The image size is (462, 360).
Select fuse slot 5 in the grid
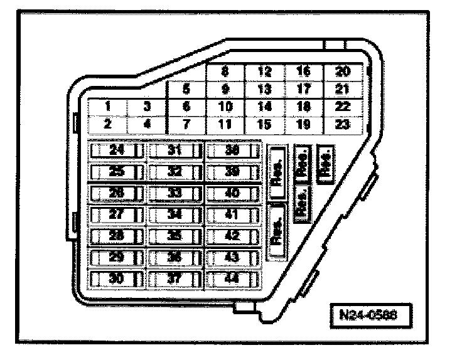point(186,90)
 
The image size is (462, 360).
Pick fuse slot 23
point(343,124)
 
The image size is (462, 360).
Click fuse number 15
point(264,124)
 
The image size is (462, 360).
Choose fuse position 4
point(147,124)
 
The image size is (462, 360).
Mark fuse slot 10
point(225,106)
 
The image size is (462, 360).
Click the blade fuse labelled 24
point(117,150)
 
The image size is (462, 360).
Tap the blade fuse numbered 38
point(232,150)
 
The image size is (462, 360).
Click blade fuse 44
point(232,278)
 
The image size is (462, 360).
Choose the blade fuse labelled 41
point(232,214)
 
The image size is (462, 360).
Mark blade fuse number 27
point(117,214)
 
